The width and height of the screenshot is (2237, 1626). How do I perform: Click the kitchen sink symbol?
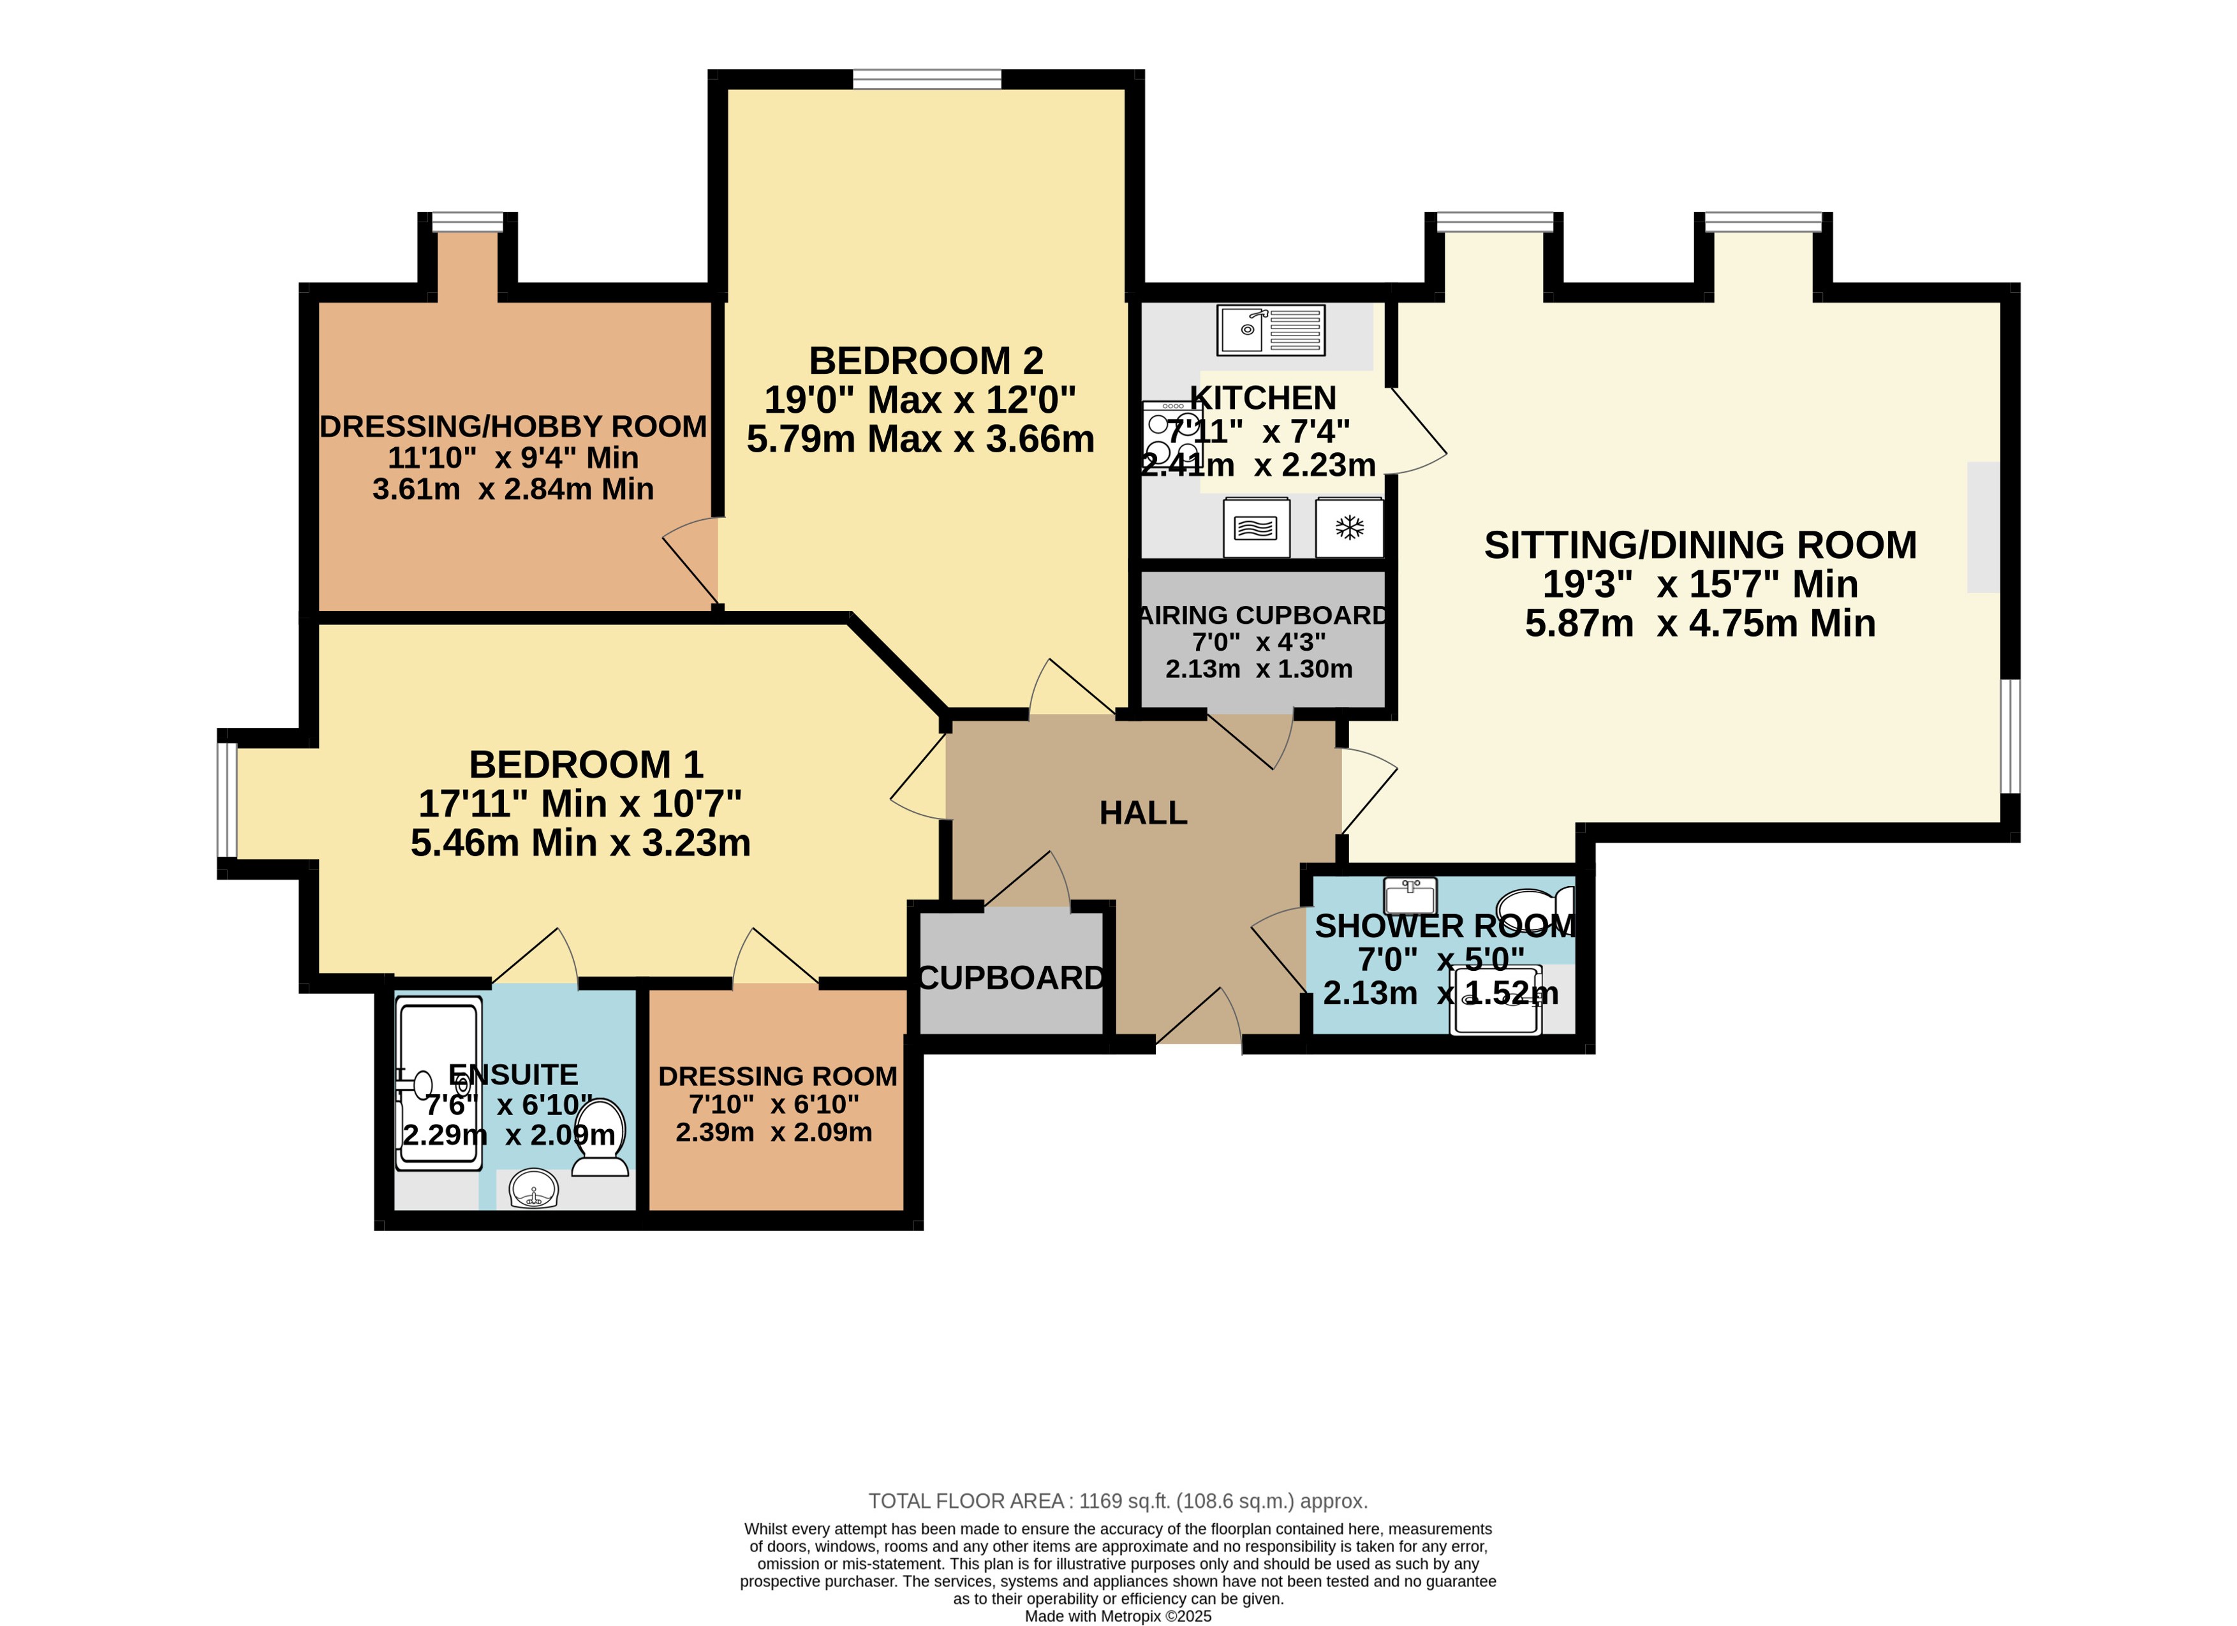pyautogui.click(x=1271, y=330)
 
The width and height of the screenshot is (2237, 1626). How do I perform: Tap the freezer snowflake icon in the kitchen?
pyautogui.click(x=1349, y=528)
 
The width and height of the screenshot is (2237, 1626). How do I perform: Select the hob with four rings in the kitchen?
pyautogui.click(x=1172, y=434)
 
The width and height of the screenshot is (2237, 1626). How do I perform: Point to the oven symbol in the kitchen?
pyautogui.click(x=1255, y=528)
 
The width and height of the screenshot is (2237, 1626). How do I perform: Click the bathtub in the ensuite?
pyautogui.click(x=439, y=1083)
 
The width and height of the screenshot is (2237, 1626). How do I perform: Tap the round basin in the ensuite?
pyautogui.click(x=534, y=1189)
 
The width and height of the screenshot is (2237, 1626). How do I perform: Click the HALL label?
pyautogui.click(x=1143, y=813)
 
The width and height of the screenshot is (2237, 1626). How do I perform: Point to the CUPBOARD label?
pyautogui.click(x=1011, y=978)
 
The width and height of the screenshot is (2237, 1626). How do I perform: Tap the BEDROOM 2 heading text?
pyautogui.click(x=926, y=361)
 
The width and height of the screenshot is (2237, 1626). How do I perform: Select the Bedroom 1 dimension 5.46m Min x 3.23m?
pyautogui.click(x=581, y=843)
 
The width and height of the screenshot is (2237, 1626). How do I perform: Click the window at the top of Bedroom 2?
pyautogui.click(x=927, y=79)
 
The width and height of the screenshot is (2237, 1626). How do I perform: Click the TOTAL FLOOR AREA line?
pyautogui.click(x=1118, y=1501)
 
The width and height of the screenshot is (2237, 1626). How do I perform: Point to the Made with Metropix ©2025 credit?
pyautogui.click(x=1118, y=1616)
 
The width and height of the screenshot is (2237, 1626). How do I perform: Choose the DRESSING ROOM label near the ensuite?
pyautogui.click(x=778, y=1075)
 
